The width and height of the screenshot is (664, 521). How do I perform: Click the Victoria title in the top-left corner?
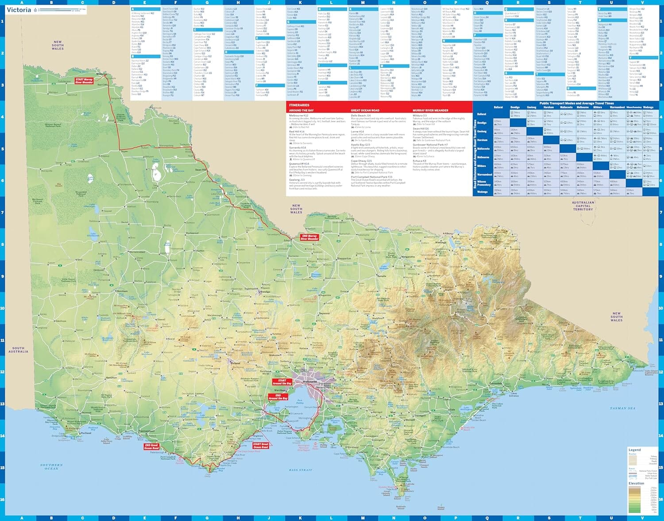pyautogui.click(x=19, y=10)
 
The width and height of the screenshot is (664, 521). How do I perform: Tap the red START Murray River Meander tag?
pyautogui.click(x=84, y=81)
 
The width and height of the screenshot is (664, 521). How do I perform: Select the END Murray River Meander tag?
pyautogui.click(x=309, y=237)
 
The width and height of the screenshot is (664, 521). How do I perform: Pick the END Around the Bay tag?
pyautogui.click(x=278, y=397)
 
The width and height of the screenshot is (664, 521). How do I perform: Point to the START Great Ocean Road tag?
pyautogui.click(x=261, y=445)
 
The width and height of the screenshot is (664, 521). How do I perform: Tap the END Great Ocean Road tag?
pyautogui.click(x=151, y=447)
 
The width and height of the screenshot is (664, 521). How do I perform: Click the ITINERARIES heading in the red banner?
pyautogui.click(x=299, y=105)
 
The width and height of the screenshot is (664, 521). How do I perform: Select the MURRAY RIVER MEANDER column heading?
pyautogui.click(x=430, y=110)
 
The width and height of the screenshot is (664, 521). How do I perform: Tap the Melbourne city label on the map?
pyautogui.click(x=309, y=381)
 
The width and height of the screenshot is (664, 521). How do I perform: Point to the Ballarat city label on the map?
pyautogui.click(x=235, y=363)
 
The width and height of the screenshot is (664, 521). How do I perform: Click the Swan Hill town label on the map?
pyautogui.click(x=201, y=170)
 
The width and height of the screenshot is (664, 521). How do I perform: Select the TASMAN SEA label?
pyautogui.click(x=622, y=408)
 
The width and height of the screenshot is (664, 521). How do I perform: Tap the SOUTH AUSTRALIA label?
pyautogui.click(x=18, y=350)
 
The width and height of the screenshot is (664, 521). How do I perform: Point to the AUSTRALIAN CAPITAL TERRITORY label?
pyautogui.click(x=583, y=206)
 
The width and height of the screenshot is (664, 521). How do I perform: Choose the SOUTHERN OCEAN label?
pyautogui.click(x=51, y=467)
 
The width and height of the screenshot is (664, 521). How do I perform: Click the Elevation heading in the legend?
pyautogui.click(x=636, y=483)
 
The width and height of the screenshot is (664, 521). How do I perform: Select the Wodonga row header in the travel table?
pyautogui.click(x=482, y=192)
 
